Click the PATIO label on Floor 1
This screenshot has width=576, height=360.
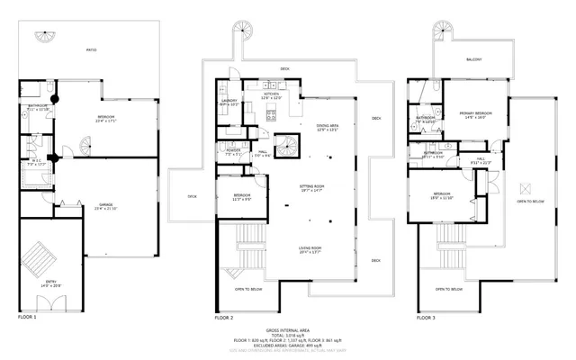(x=92, y=50)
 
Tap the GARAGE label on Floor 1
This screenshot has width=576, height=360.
(x=105, y=206)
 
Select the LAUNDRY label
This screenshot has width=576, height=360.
(x=229, y=102)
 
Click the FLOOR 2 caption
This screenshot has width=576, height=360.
(x=223, y=318)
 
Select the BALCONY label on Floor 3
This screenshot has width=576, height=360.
(x=474, y=60)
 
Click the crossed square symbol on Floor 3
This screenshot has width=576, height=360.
(x=528, y=187)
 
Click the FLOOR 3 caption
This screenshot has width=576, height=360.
(x=427, y=318)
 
